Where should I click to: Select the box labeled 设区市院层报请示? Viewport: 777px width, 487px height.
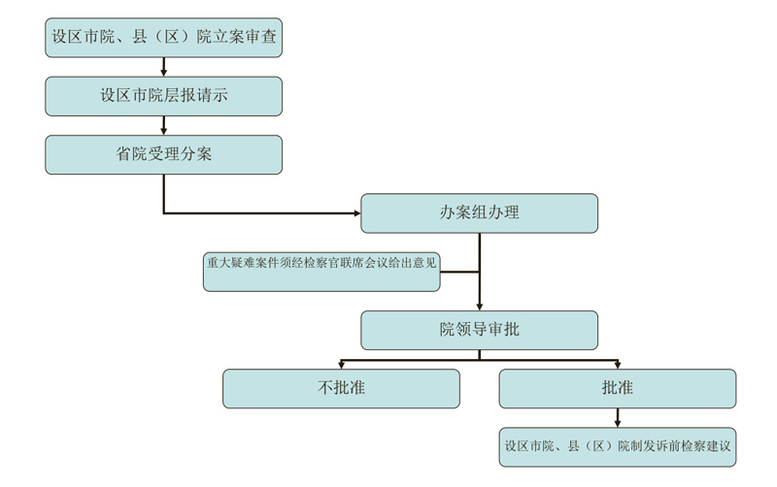coord(164,96)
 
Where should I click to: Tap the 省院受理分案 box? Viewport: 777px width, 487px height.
coord(164,154)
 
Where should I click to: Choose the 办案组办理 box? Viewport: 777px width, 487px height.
coord(479,213)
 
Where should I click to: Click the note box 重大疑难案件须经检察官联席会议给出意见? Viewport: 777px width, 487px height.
coord(321,272)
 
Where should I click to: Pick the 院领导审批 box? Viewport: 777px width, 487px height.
coord(479,330)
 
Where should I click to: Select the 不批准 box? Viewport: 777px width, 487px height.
coord(341,388)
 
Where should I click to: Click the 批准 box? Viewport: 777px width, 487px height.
coord(617,388)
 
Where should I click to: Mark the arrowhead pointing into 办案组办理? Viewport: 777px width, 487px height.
coord(355,212)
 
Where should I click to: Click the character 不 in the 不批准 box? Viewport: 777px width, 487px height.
coord(326,388)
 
